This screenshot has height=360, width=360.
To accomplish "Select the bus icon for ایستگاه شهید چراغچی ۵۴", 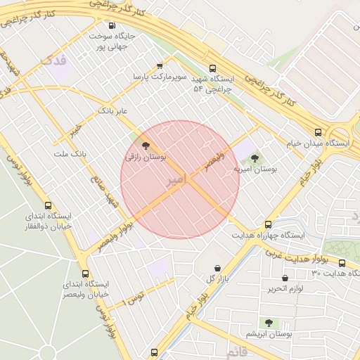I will coord(204,70).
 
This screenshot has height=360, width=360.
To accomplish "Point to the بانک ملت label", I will coord(70,153).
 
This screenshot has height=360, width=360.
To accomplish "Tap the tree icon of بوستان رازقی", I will coord(146,146).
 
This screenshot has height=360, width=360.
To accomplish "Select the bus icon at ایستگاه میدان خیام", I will coord(319,132).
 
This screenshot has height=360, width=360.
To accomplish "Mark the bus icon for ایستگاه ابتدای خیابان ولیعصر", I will coord(86,274).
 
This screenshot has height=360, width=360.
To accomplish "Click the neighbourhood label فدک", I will coord(54,60).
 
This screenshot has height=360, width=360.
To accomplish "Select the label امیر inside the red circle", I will coord(176,181).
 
